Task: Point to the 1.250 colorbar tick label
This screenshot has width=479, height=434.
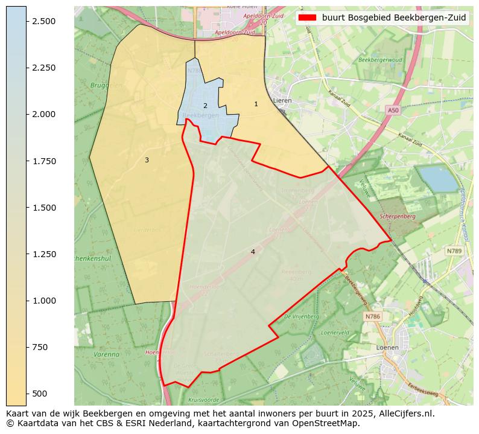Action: tap(43, 254)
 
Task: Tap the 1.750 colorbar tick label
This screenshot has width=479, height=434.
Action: tap(43, 161)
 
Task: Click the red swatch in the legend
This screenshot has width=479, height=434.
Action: tap(307, 18)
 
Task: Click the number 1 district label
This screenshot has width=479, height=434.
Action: tap(256, 104)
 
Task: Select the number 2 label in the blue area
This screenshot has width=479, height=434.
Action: tap(205, 106)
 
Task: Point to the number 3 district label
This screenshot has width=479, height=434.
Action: tap(147, 160)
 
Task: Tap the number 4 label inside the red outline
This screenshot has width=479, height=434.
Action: tap(253, 252)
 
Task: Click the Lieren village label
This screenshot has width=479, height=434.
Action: tap(282, 101)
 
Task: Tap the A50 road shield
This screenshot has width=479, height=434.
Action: tap(393, 110)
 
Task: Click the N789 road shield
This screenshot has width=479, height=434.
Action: tap(454, 251)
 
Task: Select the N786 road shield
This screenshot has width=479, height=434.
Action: tap(372, 316)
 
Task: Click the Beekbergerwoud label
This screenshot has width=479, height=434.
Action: tap(380, 60)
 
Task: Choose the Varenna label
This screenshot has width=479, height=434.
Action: tap(107, 354)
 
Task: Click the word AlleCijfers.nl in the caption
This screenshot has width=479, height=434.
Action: tap(401, 414)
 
